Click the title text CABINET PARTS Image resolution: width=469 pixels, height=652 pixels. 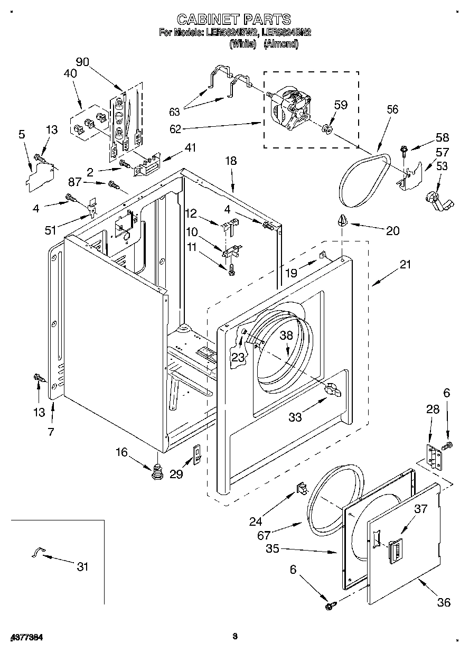233,20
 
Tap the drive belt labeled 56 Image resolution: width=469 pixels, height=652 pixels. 364,180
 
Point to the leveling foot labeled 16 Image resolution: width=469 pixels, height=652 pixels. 157,470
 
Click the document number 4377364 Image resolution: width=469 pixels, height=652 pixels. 26,638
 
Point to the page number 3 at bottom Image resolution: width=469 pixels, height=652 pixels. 234,637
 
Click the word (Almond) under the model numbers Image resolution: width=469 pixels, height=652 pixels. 280,44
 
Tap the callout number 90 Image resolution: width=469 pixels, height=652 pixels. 82,61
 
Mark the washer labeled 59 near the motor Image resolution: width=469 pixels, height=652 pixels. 328,128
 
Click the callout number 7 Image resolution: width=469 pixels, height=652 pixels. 51,432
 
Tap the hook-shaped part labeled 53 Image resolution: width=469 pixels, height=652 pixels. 434,199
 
